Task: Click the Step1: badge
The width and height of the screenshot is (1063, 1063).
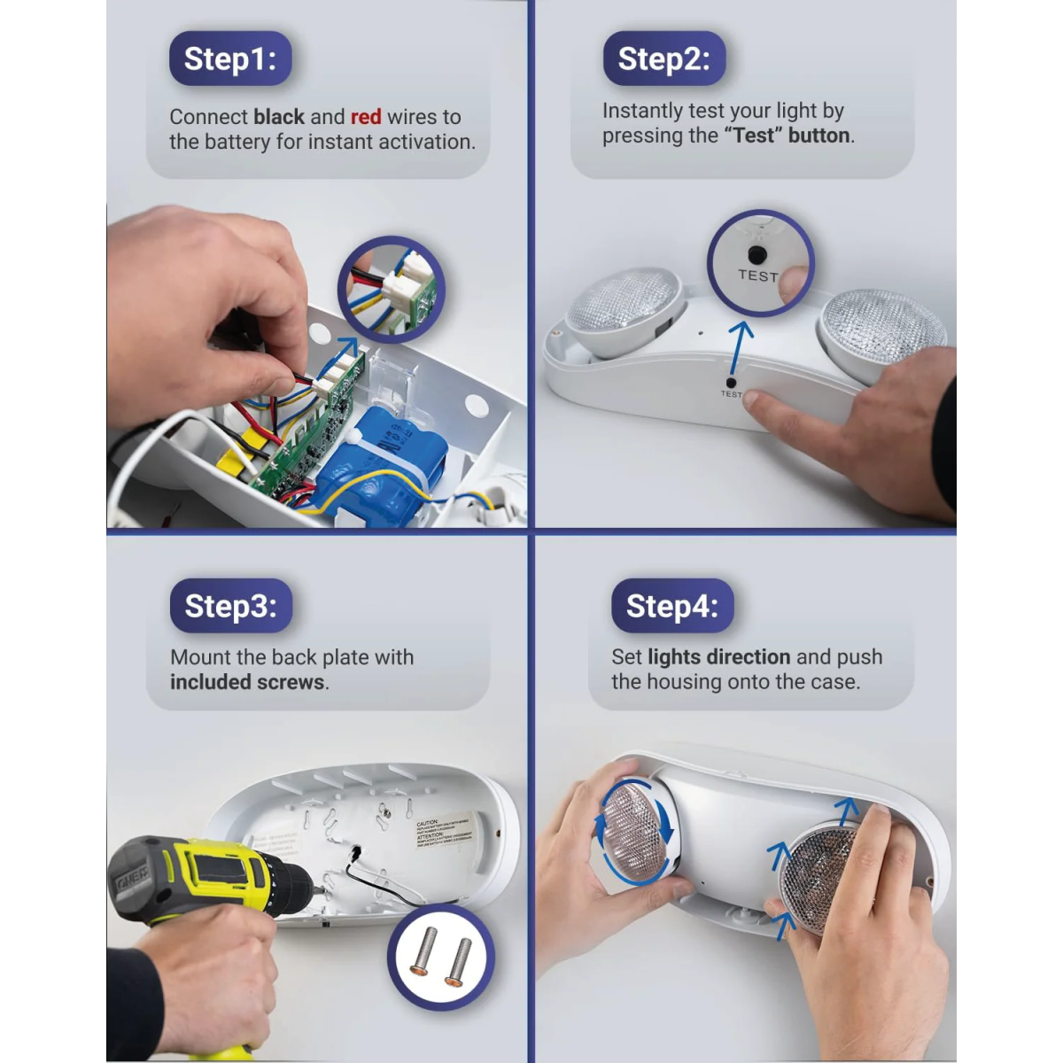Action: (x=230, y=58)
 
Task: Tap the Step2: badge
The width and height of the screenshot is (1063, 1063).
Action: (x=663, y=58)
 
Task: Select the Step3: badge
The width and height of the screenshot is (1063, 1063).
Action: (x=230, y=606)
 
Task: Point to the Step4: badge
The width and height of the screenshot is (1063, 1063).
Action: (x=671, y=606)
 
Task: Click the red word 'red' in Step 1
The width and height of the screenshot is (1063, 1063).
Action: (x=365, y=117)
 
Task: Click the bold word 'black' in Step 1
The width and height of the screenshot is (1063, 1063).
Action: (x=279, y=117)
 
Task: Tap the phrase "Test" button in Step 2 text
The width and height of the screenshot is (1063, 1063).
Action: (x=787, y=136)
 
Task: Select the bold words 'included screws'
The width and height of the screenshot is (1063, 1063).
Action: (x=247, y=682)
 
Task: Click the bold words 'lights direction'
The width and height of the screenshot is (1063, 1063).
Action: (x=718, y=657)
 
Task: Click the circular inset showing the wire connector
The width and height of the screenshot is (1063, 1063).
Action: (x=391, y=289)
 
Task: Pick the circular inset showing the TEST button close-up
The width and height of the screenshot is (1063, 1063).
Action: (x=759, y=263)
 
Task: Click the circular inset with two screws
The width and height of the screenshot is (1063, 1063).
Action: (x=440, y=958)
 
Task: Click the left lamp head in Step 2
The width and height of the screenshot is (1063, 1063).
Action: (x=625, y=310)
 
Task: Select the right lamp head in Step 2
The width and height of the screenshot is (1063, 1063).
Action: (x=881, y=332)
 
